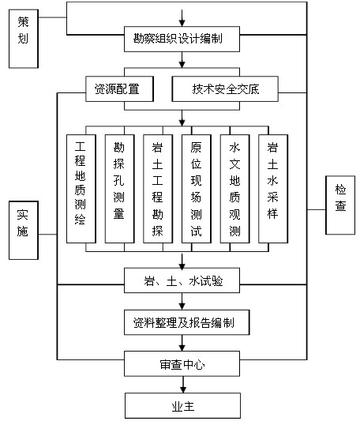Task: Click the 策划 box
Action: pos(24,39)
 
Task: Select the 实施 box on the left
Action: pos(24,231)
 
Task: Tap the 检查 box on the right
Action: pos(340,205)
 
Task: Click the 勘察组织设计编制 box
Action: pos(182,39)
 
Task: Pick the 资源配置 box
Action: pos(120,89)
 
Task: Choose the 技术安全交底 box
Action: pos(225,89)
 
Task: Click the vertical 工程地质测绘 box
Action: pos(81,189)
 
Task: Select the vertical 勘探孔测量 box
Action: pos(120,189)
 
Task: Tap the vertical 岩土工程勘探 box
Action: pos(158,189)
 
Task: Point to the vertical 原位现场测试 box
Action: pos(197,189)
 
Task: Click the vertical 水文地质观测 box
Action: pos(234,189)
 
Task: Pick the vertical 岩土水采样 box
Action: pos(273,189)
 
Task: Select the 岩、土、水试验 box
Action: pos(182,280)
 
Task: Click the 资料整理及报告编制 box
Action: pos(187,322)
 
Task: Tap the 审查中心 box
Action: pos(182,363)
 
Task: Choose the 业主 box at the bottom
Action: pos(182,406)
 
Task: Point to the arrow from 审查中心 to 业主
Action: pos(183,385)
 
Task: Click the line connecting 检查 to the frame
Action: pos(317,209)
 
